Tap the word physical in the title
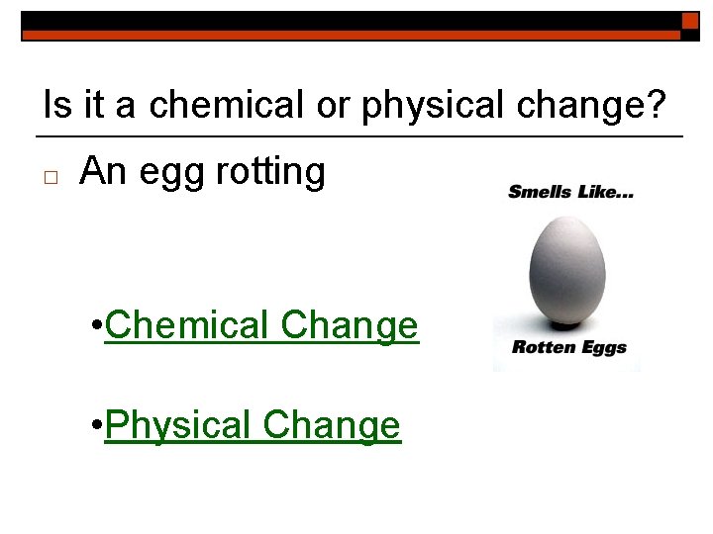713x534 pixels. coord(425,105)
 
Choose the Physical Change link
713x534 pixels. coord(253,426)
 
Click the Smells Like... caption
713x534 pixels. coord(570,191)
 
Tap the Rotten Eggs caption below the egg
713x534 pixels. coord(569,348)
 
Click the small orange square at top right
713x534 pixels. coord(690,21)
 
